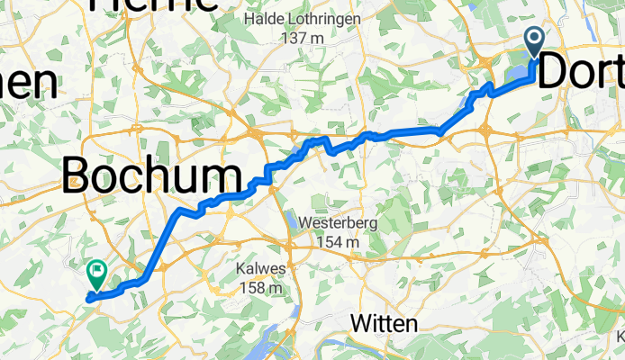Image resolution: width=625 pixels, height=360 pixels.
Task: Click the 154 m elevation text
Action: point(338,242)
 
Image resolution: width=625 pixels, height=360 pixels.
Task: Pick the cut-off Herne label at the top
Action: point(153,4)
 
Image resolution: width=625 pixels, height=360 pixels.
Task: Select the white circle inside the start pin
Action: point(534,38)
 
